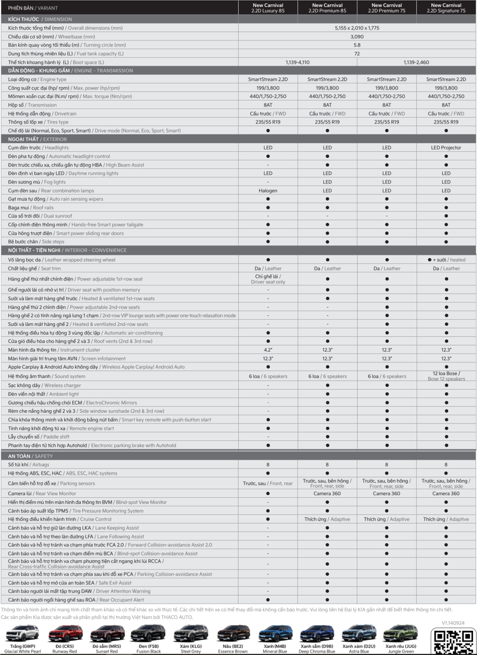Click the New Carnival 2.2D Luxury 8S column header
click(x=268, y=8)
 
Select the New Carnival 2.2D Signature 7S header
click(x=446, y=8)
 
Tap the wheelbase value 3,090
click(x=357, y=37)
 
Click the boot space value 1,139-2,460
click(x=416, y=62)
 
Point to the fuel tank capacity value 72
click(x=357, y=54)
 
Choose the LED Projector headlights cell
click(x=446, y=148)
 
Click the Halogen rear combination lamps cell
click(x=268, y=191)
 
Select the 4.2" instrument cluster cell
click(x=268, y=350)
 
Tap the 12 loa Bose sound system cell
click(x=446, y=376)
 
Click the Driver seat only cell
click(x=268, y=279)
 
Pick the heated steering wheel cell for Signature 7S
click(x=446, y=260)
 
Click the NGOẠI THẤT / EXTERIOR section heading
click(x=37, y=139)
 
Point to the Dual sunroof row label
click(x=40, y=216)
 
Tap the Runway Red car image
click(x=65, y=633)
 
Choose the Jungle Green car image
click(x=401, y=633)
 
